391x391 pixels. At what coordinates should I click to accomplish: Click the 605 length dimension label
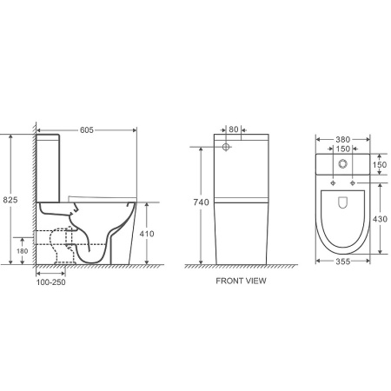point(87,130)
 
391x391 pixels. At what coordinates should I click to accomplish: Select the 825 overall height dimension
point(10,200)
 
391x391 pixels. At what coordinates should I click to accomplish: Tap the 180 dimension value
point(22,251)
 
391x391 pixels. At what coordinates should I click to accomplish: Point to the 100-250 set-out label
point(50,282)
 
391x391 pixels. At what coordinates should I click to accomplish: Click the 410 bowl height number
point(147,234)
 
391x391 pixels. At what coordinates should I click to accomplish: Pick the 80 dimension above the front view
point(234,129)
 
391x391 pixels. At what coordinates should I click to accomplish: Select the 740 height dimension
point(201,202)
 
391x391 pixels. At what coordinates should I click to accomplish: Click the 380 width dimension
point(343,140)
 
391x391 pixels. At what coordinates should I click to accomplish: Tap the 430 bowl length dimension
point(380,219)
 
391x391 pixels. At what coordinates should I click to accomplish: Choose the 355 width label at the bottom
point(343,262)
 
